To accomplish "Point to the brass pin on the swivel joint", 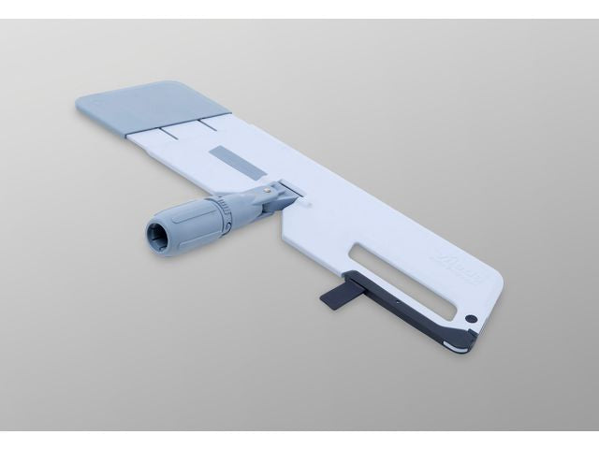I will pyautogui.click(x=270, y=187).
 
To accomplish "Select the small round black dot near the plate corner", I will pyautogui.click(x=472, y=318).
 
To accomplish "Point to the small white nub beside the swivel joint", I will pyautogui.click(x=300, y=196).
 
